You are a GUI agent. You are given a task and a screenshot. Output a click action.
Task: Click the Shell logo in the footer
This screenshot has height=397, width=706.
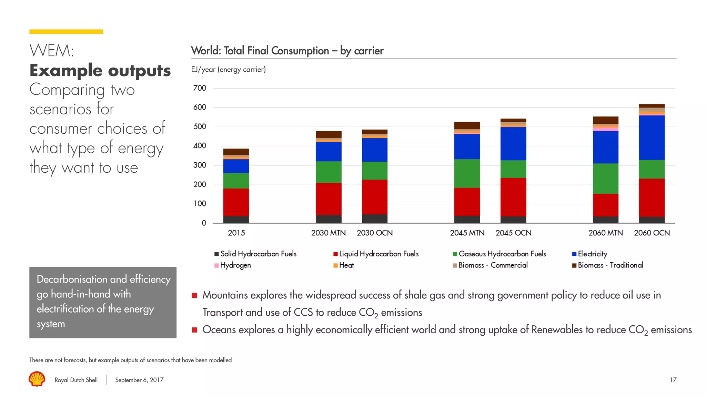click(37, 379)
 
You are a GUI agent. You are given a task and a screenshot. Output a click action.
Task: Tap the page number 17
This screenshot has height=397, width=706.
click(673, 380)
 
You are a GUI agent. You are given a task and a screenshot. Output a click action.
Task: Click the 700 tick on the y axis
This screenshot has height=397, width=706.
click(200, 88)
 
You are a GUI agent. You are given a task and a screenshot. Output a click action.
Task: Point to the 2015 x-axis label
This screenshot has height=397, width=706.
click(236, 233)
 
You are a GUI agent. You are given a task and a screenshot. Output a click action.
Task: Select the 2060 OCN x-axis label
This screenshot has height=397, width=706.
click(652, 233)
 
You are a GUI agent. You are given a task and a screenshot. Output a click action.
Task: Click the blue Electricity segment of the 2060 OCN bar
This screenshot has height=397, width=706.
click(652, 138)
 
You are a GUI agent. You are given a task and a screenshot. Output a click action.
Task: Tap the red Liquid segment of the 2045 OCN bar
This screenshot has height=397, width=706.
click(513, 197)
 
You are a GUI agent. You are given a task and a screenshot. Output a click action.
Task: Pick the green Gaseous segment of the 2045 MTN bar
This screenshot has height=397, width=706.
click(467, 173)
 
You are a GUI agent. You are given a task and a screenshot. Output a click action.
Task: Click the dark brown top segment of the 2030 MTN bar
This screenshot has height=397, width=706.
click(329, 134)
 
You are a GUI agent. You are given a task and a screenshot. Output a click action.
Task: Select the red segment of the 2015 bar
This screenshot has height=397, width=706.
click(236, 202)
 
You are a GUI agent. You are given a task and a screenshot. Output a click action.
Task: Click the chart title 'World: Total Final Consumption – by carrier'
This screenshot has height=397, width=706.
click(287, 51)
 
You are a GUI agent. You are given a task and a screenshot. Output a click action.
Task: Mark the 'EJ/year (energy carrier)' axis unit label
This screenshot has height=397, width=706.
click(228, 70)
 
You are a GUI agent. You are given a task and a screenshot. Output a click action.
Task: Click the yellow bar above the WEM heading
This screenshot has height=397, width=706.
click(66, 32)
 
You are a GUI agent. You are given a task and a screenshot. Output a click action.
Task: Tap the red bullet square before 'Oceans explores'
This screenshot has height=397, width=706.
click(194, 330)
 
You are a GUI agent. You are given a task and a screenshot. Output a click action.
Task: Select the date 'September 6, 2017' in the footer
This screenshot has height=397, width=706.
click(139, 380)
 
